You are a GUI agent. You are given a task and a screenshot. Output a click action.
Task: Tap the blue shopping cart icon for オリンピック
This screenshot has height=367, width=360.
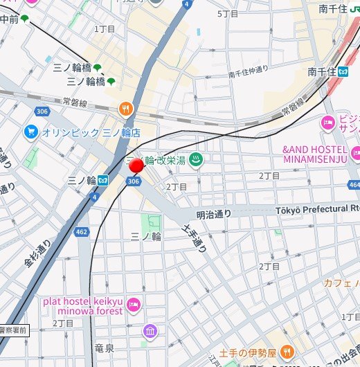30,132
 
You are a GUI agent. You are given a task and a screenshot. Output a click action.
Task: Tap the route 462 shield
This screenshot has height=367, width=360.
83,232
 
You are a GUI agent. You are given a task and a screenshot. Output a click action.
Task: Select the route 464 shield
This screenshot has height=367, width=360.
354,185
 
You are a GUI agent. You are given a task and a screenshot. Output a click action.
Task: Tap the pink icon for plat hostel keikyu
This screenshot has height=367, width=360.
134,305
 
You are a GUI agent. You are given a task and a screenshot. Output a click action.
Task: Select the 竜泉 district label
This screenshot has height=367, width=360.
104,348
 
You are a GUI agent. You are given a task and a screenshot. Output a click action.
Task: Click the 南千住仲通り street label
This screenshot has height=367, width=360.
248,73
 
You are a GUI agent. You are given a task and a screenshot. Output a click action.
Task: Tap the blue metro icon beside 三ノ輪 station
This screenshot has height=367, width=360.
102,180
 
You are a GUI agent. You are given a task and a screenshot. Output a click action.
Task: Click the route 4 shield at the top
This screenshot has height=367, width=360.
187,4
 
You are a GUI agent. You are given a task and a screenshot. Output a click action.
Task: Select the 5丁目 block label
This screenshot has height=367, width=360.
228,13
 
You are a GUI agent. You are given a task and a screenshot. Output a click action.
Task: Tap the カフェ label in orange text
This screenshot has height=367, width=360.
340,283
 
